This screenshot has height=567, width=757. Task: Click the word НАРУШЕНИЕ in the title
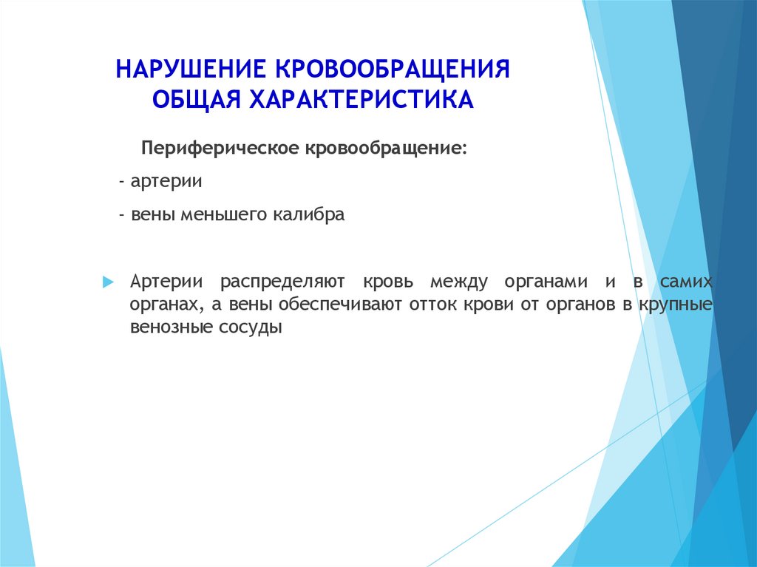190,69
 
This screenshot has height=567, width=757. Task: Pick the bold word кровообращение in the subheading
386,149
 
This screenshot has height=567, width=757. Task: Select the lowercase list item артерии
166,182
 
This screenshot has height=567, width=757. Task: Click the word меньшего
224,214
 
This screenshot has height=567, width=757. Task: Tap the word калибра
309,214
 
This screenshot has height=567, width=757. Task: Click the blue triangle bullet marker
108,282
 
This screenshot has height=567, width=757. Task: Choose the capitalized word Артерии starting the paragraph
166,282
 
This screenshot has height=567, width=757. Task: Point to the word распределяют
282,282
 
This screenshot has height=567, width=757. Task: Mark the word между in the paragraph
458,282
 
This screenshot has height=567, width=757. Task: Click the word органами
546,282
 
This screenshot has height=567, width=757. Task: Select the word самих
686,282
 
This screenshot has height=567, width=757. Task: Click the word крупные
676,305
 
